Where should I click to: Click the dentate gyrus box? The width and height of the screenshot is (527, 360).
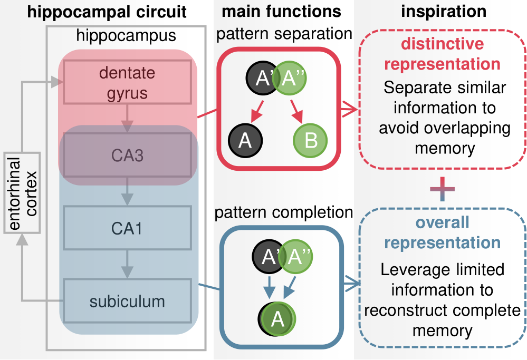127,82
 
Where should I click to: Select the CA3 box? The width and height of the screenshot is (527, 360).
127,155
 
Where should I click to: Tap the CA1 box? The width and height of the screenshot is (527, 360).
127,228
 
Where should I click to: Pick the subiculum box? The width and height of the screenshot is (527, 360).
127,301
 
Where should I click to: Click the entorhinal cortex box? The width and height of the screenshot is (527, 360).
22,193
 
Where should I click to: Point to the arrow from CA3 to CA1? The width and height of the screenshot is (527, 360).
127,191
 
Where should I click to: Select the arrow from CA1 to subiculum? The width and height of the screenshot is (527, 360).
127,264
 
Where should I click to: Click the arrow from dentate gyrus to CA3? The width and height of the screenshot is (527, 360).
127,118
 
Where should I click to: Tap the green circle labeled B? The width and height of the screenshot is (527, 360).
310,140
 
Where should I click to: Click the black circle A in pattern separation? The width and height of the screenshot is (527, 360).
245,140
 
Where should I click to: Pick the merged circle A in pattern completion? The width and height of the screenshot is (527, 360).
277,319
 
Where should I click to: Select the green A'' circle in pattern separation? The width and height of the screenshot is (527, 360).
290,78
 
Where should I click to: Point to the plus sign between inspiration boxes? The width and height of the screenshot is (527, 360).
442,189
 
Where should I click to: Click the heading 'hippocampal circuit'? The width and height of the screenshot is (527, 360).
107,12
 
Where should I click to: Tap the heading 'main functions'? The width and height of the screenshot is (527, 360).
281,12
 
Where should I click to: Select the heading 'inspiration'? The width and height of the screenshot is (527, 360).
444,12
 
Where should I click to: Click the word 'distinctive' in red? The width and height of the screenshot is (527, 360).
442,44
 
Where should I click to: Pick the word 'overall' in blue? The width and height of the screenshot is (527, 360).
442,222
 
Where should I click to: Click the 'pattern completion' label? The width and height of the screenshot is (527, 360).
284,212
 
